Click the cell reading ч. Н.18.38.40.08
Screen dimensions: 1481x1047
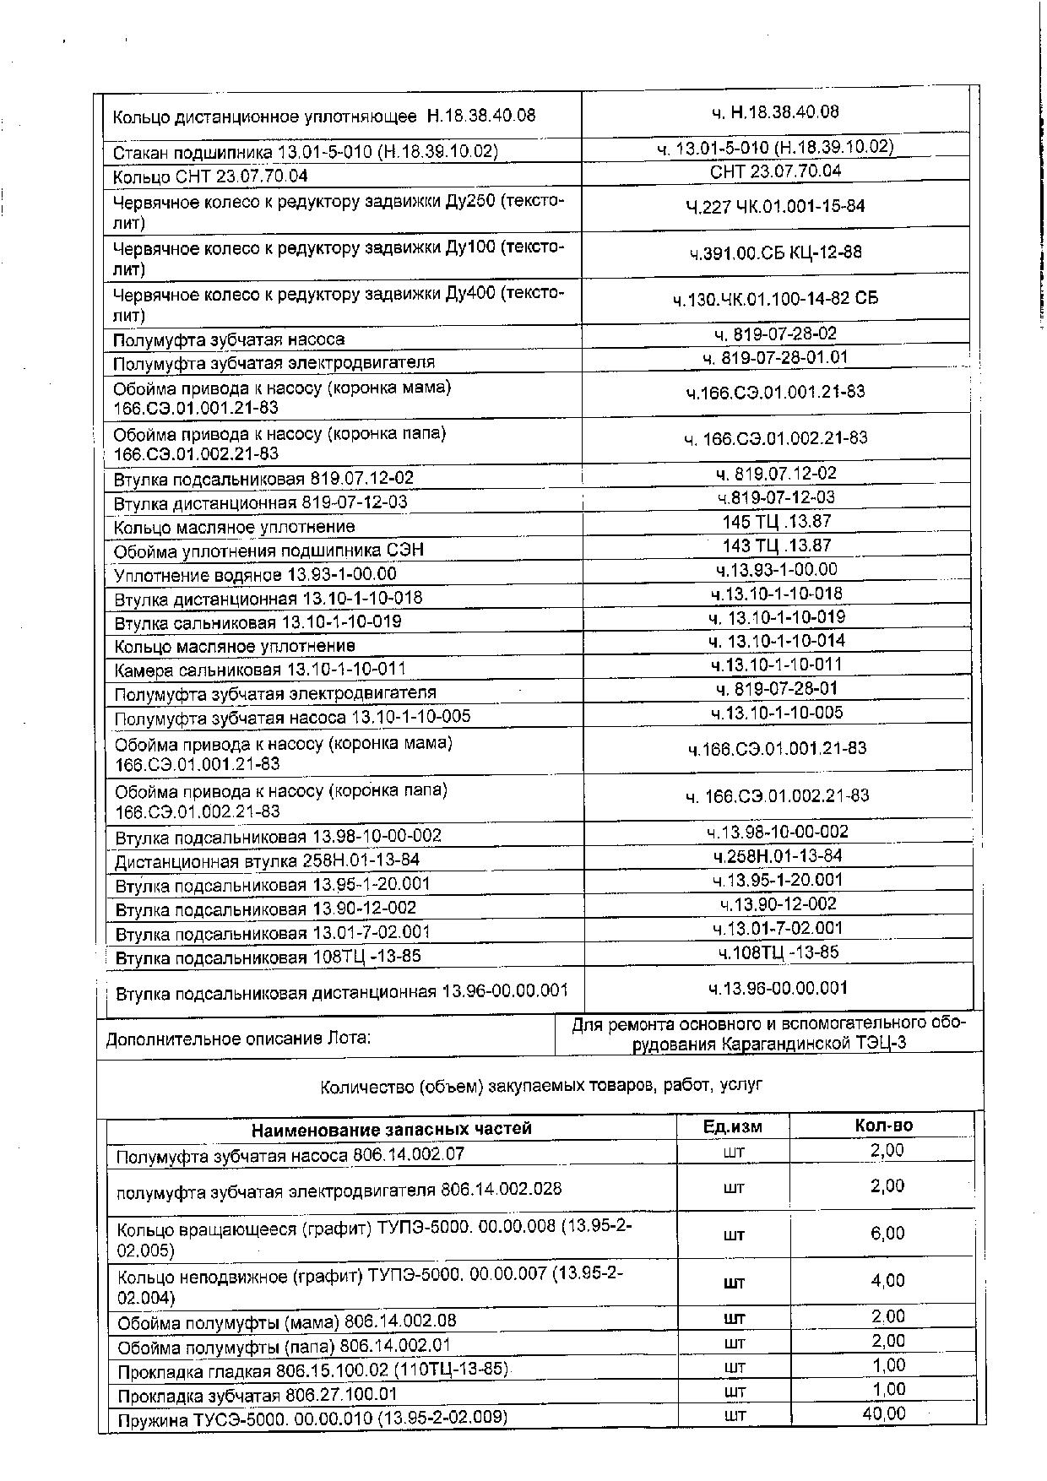(x=774, y=112)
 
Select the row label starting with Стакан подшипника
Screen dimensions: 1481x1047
(x=305, y=152)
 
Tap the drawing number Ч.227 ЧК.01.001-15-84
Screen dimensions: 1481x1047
(x=775, y=206)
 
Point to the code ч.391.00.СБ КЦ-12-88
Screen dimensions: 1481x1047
(x=775, y=252)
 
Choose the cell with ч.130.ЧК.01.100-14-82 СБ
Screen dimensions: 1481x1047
(x=775, y=299)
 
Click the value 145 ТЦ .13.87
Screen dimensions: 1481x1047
(x=776, y=522)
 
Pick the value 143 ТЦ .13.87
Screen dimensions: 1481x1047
(x=776, y=545)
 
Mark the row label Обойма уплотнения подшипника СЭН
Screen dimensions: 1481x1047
(x=269, y=551)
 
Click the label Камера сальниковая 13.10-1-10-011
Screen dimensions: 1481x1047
(x=260, y=670)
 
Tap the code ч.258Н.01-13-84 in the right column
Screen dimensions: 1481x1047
(x=777, y=856)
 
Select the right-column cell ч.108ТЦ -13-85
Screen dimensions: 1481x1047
(x=778, y=952)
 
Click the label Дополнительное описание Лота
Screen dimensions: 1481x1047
(x=238, y=1039)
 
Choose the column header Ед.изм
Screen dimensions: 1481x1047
(x=732, y=1127)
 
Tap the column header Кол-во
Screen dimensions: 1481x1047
(x=883, y=1126)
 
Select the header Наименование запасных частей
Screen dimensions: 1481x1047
(x=392, y=1129)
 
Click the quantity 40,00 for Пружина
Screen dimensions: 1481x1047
(x=883, y=1413)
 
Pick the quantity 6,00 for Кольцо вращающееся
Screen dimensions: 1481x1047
(x=887, y=1234)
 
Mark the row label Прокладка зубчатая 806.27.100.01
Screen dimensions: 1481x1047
(x=257, y=1395)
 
